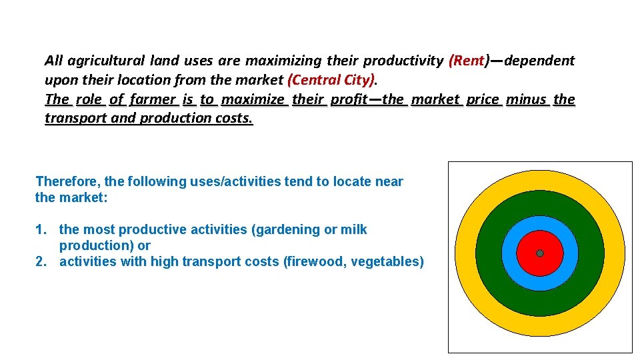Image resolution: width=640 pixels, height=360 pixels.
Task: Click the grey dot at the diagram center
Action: coord(540,253)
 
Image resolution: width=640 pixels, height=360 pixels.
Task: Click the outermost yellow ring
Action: coord(465,253)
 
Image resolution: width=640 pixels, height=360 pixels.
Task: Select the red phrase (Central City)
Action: coord(331,80)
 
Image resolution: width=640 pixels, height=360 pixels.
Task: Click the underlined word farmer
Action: coord(153,99)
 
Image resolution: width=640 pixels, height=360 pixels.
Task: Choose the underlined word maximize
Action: coord(253,99)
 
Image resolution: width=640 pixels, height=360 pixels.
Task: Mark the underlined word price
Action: coord(483,99)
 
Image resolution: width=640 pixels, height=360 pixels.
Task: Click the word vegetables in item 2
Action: coord(388,261)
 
